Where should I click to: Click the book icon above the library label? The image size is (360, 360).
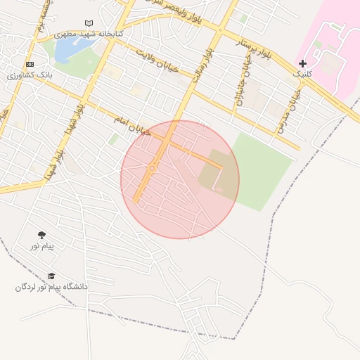pos(89,23)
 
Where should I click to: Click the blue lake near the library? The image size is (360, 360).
pos(72,49)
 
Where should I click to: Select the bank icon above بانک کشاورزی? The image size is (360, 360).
pos(30,64)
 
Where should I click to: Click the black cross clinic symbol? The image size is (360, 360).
pos(302,63)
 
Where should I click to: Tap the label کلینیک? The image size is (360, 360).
pos(302,73)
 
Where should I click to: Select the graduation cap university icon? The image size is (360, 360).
pos(51,276)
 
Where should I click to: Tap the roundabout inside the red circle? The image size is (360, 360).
pos(152,168)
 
